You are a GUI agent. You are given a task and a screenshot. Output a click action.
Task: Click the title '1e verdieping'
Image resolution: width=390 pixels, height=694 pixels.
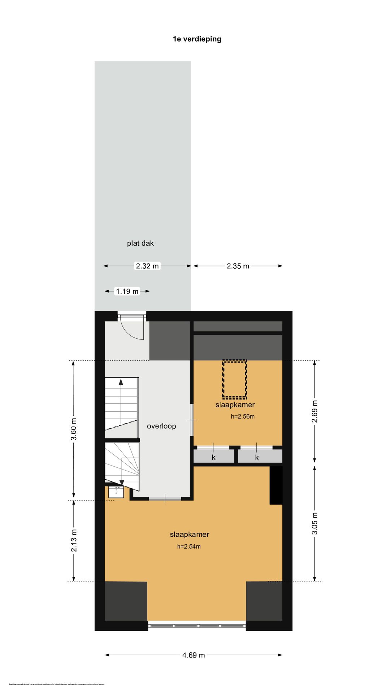(x=197, y=39)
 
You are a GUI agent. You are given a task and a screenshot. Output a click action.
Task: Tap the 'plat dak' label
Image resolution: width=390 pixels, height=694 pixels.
(x=140, y=243)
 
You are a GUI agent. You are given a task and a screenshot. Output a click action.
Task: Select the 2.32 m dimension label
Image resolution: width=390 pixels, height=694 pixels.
(x=147, y=266)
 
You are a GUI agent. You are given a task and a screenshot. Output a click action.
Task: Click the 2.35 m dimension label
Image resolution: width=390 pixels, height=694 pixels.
(x=238, y=266)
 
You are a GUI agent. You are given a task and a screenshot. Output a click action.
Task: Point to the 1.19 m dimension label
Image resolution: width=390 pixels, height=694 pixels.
(x=127, y=291)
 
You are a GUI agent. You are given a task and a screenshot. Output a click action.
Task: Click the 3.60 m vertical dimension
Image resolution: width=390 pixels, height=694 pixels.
(x=74, y=429)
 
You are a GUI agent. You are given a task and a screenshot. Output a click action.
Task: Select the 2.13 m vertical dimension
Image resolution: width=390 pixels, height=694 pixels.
(x=74, y=540)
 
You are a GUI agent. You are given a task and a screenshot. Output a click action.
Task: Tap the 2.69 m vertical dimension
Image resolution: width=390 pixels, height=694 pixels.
(x=315, y=411)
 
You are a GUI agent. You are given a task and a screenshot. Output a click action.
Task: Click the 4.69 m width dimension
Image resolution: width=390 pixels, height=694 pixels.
(x=194, y=655)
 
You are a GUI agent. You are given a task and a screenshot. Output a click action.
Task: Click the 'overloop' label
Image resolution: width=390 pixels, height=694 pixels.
(x=161, y=426)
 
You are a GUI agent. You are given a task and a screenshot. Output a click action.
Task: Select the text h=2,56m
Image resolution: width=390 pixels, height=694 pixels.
(x=243, y=416)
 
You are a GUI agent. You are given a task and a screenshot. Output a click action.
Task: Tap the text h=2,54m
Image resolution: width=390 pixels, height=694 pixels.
(x=189, y=547)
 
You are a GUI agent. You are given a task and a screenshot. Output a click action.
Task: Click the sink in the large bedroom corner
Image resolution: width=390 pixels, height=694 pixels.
(x=116, y=492)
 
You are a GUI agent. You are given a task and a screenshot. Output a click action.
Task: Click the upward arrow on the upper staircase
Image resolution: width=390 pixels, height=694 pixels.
(x=121, y=382)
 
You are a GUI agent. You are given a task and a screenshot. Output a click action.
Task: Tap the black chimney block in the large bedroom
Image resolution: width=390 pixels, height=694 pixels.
(x=276, y=485)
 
